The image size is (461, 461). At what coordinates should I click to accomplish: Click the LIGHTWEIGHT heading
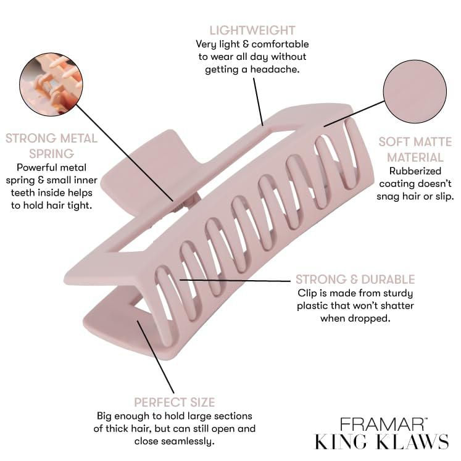point(252,30)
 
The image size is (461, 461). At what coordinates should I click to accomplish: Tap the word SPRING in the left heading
point(51,154)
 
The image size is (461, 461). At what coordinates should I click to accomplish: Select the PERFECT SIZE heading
point(175,402)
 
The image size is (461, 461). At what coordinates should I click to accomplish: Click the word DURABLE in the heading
point(388,280)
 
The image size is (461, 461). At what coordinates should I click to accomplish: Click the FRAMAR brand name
point(381,424)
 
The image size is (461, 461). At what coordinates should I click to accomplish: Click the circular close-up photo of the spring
point(51,85)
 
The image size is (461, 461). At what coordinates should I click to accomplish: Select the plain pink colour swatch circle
point(415,91)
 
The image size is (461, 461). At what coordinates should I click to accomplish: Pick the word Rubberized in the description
point(415,171)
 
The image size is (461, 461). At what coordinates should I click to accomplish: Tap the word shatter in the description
point(397,305)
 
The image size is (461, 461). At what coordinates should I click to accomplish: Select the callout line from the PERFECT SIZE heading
point(156,357)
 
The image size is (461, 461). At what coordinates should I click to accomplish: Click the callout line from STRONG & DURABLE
point(235,280)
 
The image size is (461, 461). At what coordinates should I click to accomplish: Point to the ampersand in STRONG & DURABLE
point(354,280)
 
